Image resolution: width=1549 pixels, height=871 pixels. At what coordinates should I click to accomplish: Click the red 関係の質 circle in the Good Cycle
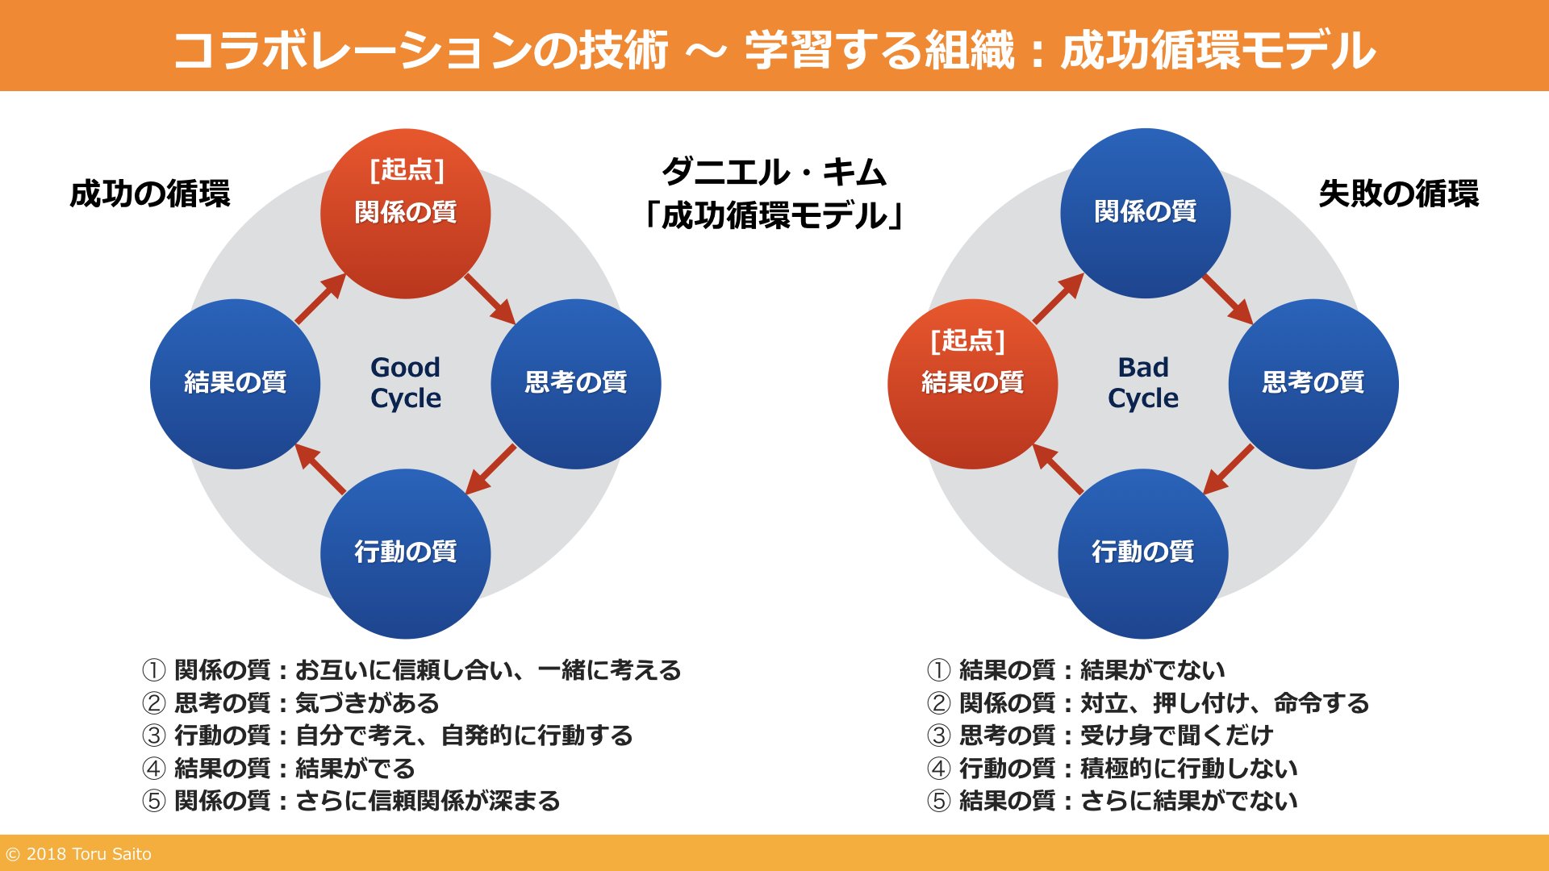405,214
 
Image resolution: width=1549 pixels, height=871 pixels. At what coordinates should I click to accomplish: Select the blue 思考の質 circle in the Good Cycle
576,384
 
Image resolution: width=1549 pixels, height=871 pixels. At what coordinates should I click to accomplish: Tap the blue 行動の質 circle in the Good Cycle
405,553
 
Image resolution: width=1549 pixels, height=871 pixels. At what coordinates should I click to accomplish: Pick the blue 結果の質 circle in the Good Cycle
235,384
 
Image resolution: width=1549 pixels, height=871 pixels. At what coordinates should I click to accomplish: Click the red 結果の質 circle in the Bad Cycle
972,384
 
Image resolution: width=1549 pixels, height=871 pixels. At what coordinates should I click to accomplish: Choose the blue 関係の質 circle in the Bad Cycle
1145,213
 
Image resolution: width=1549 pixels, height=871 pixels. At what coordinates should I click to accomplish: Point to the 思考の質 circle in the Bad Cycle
1313,384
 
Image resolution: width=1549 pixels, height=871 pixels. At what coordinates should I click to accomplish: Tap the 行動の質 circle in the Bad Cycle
1142,553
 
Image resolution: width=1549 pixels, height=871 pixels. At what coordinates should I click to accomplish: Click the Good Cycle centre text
405,382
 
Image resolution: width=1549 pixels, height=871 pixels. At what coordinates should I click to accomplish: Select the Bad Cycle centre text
1142,382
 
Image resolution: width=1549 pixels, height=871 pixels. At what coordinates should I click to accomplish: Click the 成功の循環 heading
150,194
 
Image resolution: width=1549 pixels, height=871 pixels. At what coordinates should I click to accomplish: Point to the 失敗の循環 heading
1398,194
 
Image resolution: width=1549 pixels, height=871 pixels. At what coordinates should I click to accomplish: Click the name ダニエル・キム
774,172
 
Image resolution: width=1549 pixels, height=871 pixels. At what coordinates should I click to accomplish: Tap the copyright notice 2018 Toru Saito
78,854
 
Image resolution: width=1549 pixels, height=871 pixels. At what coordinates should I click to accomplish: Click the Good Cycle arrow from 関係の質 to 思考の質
491,299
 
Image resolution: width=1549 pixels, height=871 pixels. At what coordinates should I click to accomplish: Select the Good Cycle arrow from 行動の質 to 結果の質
320,469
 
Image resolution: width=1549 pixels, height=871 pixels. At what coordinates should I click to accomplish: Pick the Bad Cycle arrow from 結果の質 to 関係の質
1058,298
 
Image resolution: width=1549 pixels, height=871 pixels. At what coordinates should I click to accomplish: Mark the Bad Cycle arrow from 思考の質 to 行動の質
1228,469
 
